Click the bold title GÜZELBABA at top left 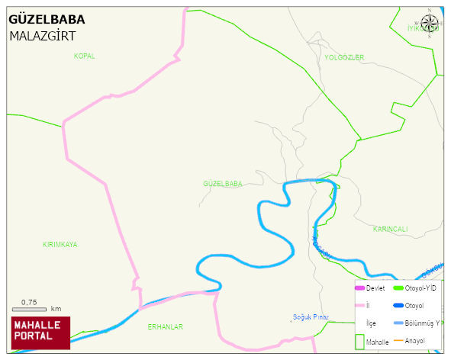tap(47, 20)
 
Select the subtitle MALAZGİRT tap(42, 36)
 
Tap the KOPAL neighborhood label tap(84, 56)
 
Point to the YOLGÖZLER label tap(344, 58)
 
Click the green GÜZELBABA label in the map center tap(222, 184)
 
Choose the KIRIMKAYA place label tap(60, 245)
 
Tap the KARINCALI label tap(390, 229)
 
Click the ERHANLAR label tap(165, 326)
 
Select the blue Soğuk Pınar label tap(311, 317)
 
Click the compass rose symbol tap(430, 23)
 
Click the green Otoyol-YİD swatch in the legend tap(398, 288)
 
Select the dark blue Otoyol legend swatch tap(398, 306)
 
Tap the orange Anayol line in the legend tap(398, 341)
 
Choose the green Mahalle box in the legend tap(359, 341)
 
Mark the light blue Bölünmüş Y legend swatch tap(398, 323)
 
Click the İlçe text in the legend tap(371, 323)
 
